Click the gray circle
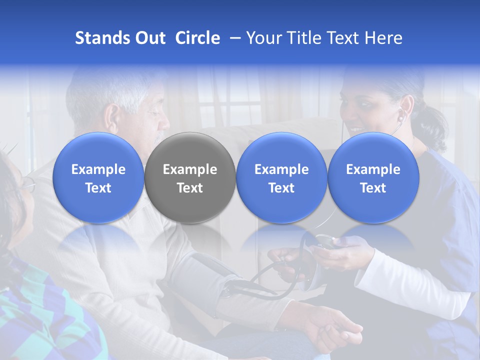click(190, 177)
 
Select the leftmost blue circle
click(98, 177)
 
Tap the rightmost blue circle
click(373, 177)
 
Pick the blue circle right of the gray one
click(281, 177)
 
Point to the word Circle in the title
click(197, 38)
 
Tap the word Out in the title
click(149, 38)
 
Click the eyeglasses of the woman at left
click(27, 185)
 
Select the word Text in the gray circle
click(190, 188)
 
